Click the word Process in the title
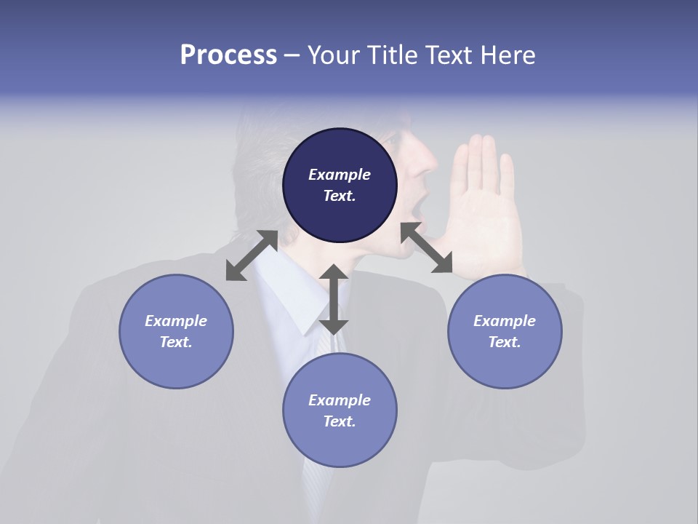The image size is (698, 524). click(228, 55)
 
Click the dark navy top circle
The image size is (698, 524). click(340, 186)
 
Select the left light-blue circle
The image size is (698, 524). click(176, 331)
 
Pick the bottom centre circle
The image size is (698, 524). click(340, 410)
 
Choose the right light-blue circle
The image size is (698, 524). click(505, 331)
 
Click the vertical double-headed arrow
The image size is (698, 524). click(334, 299)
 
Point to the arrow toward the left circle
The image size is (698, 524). click(252, 255)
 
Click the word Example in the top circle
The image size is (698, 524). click(340, 175)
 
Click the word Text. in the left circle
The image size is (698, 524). click(176, 342)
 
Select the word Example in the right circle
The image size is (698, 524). click(505, 321)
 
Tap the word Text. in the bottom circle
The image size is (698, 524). click(340, 421)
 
